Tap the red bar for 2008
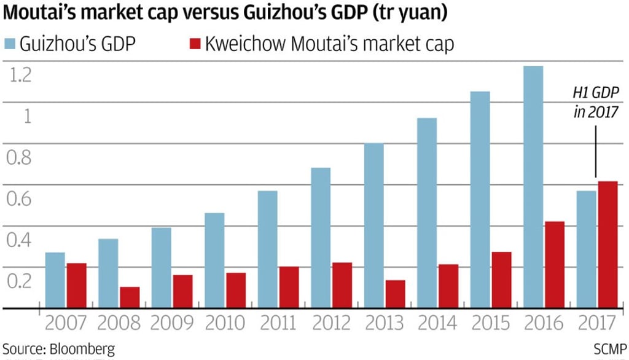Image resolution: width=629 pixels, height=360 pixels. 130,297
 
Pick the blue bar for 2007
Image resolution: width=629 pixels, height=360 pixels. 55,280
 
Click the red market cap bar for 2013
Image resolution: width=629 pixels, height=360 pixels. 395,294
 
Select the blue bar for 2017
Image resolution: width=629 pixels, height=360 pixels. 586,249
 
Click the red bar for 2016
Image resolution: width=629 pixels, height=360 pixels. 554,265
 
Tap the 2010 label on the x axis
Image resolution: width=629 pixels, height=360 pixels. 225,323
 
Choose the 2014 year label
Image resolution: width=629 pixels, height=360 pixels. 437,323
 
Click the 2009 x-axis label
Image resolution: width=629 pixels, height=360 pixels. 172,323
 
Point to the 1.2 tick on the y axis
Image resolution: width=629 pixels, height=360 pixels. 20,76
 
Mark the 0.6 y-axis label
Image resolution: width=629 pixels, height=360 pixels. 20,198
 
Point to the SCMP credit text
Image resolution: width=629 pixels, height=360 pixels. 610,349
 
